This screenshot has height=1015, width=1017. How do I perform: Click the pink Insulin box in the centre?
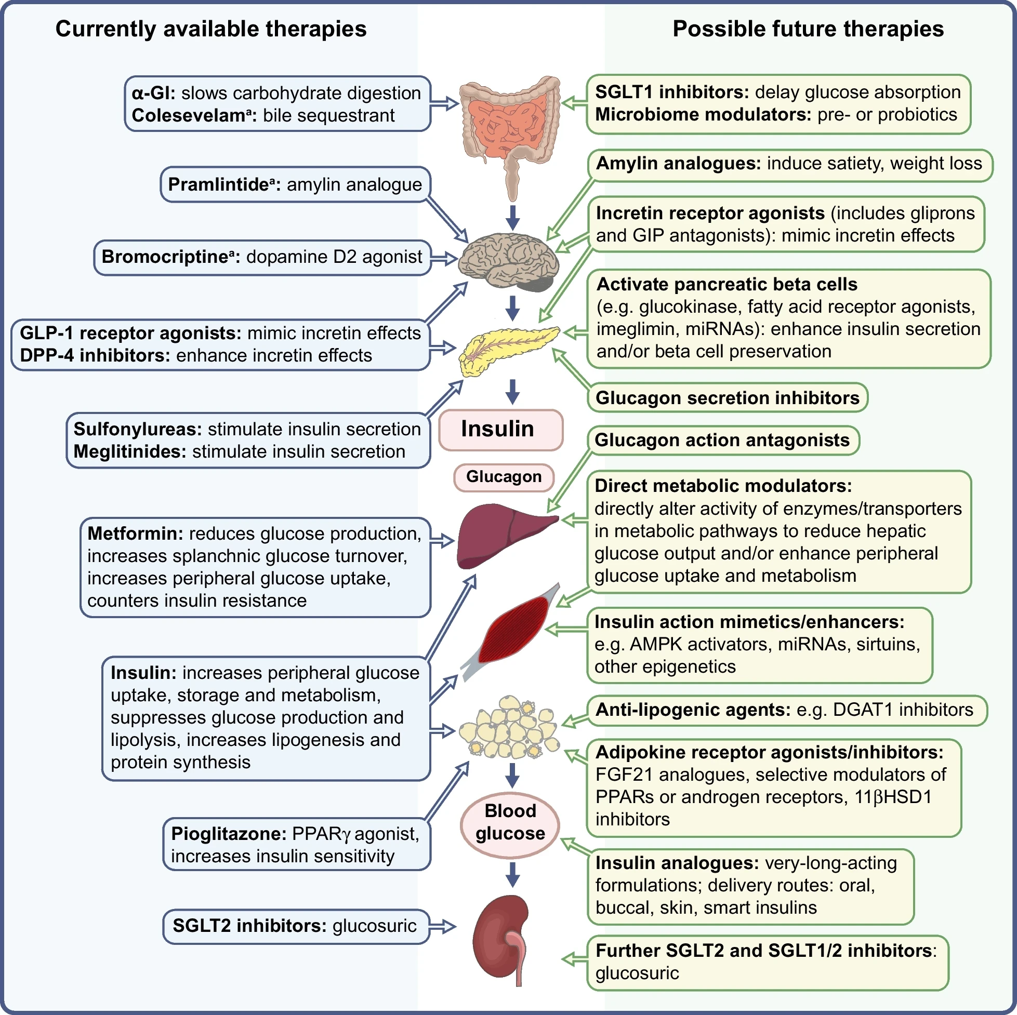(500, 430)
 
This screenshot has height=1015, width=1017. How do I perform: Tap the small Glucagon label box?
(504, 477)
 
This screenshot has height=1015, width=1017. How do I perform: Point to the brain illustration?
(508, 261)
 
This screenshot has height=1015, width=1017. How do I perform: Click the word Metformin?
(135, 533)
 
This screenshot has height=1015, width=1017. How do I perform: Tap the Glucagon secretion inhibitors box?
(727, 398)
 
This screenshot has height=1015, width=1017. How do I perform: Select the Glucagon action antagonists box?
(722, 440)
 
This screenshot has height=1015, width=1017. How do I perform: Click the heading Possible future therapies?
(808, 29)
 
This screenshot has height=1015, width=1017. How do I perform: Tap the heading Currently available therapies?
(210, 29)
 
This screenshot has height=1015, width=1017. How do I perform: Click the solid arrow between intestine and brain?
(513, 217)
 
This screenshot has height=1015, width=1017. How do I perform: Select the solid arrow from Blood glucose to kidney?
(513, 874)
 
